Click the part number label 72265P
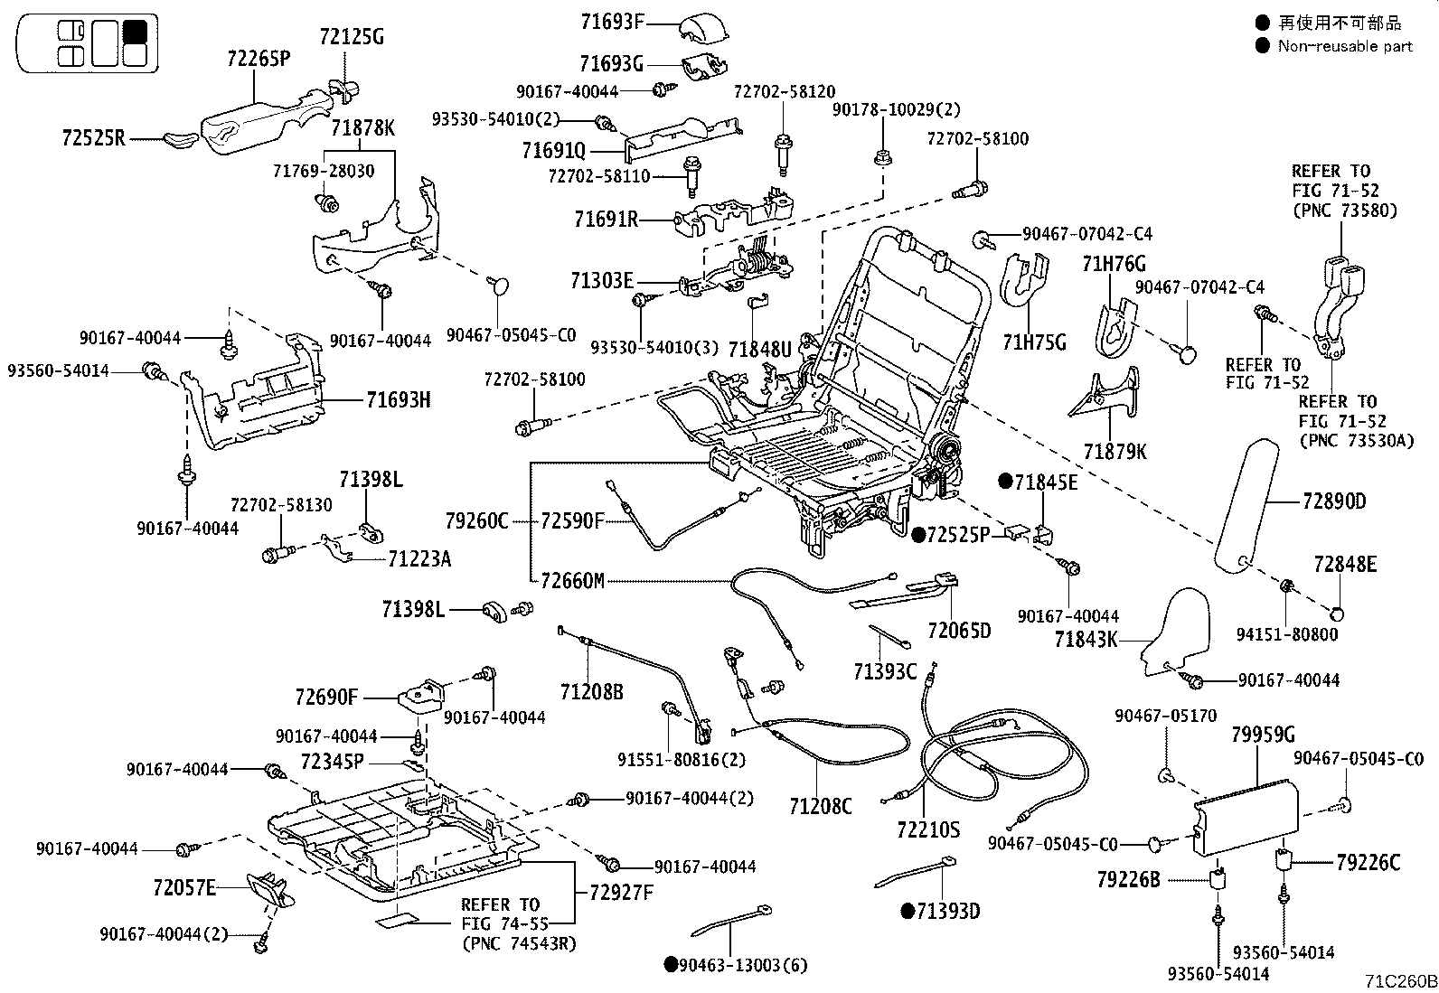tap(258, 60)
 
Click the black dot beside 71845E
tap(1004, 482)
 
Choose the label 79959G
tap(1263, 735)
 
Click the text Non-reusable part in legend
tap(1344, 46)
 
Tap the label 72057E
tap(184, 888)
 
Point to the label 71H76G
tap(1114, 264)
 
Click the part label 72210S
tap(928, 829)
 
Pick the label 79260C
tap(476, 521)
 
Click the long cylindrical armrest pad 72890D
tap(1248, 506)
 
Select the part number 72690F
tap(326, 698)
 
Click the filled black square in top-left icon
tap(135, 32)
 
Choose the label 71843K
tap(1086, 640)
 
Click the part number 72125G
tap(352, 37)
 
